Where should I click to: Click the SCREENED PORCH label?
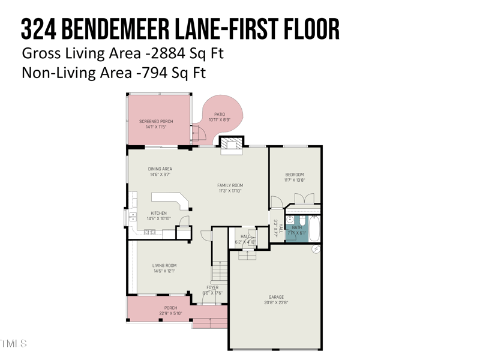click(x=155, y=121)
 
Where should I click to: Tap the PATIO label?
click(x=220, y=114)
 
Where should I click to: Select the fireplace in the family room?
click(x=232, y=145)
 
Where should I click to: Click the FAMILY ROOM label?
click(x=230, y=185)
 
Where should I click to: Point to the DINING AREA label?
click(x=160, y=169)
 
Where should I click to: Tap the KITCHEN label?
click(x=158, y=213)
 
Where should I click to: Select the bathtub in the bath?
click(x=314, y=229)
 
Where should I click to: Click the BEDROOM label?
click(x=294, y=175)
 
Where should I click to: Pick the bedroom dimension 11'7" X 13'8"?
click(x=294, y=180)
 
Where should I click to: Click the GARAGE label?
click(x=277, y=296)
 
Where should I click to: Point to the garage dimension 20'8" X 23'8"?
click(x=277, y=302)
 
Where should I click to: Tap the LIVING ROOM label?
click(x=164, y=265)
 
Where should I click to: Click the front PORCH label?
click(x=171, y=308)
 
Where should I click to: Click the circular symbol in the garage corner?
click(x=316, y=249)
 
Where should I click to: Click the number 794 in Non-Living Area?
click(x=152, y=73)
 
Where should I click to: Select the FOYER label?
click(x=212, y=287)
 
